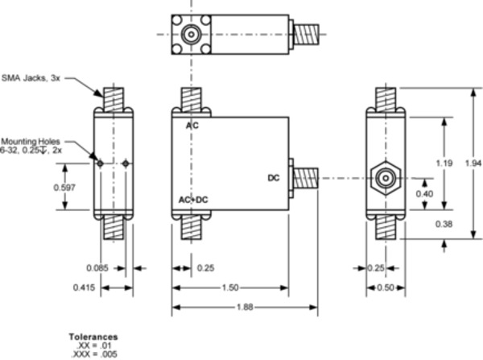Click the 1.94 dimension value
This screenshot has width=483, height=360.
(x=473, y=163)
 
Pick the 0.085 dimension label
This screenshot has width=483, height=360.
(x=97, y=267)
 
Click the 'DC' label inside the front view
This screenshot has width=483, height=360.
(x=274, y=178)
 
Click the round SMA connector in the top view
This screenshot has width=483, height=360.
(x=192, y=36)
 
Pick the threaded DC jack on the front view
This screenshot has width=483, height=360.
(x=306, y=178)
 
